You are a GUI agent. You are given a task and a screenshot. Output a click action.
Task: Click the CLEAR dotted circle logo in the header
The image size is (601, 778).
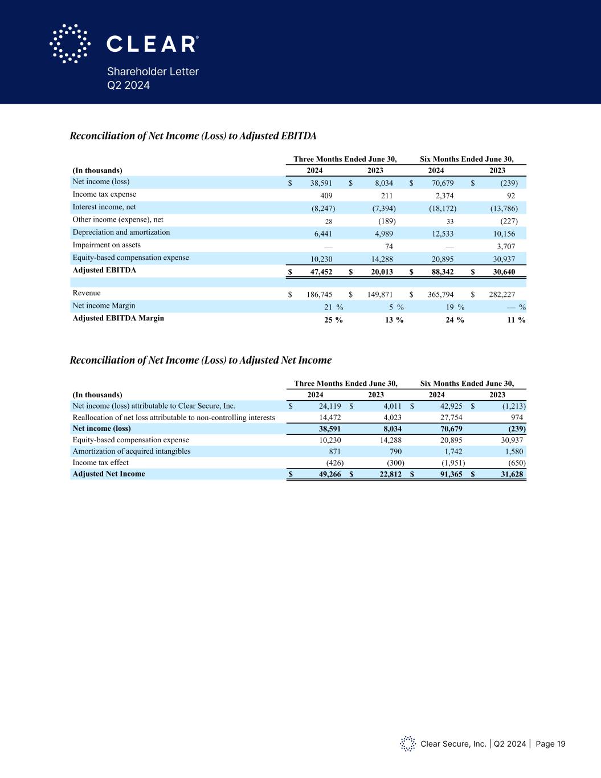70,43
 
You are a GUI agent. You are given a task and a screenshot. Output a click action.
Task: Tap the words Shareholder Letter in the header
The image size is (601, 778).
153,71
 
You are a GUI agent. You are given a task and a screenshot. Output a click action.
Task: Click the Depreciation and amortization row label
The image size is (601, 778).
121,233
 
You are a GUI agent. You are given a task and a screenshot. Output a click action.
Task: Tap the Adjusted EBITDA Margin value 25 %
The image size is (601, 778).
333,320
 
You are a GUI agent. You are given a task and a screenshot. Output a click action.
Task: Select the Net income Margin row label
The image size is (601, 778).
104,306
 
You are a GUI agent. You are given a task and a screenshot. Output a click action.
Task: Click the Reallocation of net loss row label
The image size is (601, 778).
174,418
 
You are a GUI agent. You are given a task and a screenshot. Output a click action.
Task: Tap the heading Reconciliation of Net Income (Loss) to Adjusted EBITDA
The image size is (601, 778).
193,136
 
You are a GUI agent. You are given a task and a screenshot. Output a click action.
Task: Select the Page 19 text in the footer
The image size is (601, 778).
550,744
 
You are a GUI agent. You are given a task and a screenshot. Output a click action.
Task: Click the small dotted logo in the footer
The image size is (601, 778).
408,743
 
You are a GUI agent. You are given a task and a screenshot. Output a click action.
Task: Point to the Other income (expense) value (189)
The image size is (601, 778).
387,221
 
